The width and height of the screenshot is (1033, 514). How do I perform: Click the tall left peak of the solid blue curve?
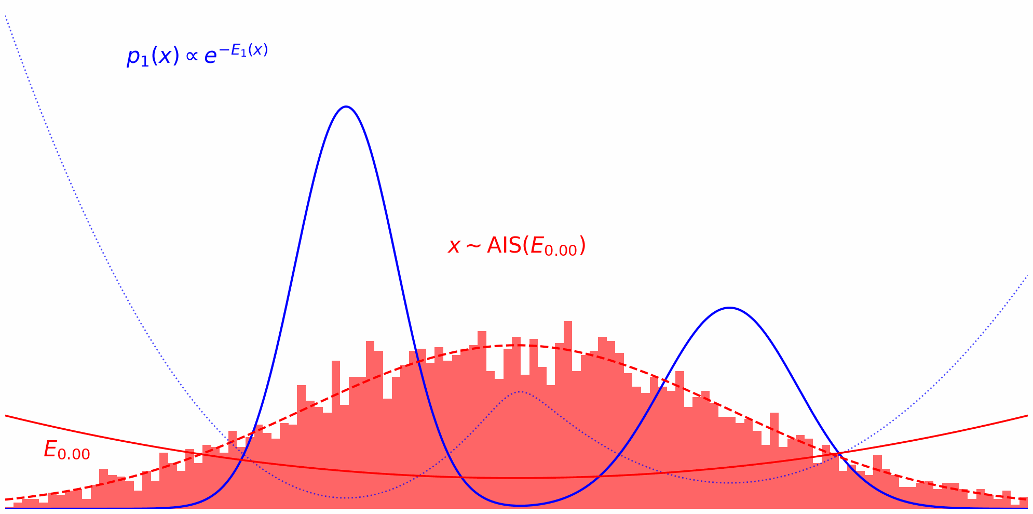[346, 107]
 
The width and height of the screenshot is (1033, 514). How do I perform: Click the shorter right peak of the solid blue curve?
[729, 308]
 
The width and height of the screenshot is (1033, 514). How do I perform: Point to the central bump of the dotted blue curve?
[519, 391]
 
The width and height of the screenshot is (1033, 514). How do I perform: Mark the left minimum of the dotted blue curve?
[346, 498]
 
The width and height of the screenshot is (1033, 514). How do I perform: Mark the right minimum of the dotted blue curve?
[729, 483]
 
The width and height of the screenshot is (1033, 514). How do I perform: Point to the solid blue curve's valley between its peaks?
[520, 505]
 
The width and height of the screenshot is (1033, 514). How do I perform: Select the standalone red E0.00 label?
[67, 450]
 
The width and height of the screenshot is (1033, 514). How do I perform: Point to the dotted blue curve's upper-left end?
[6, 16]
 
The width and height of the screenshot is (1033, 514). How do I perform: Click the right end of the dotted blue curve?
[1028, 275]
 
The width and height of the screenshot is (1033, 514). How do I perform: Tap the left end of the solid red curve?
[6, 416]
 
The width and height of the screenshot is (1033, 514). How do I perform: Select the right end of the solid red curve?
[1028, 416]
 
